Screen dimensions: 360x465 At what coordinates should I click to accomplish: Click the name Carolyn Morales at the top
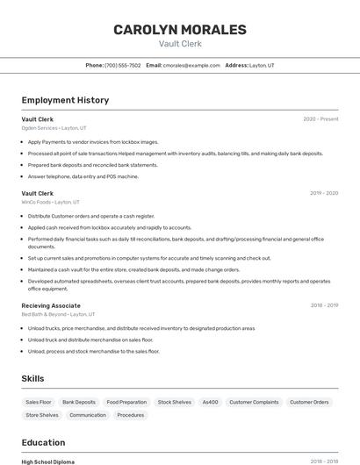point(180,30)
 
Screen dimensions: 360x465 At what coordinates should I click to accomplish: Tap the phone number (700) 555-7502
point(122,66)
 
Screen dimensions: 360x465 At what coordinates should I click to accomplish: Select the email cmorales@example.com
point(191,66)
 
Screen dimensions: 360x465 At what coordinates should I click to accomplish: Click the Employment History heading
point(65,100)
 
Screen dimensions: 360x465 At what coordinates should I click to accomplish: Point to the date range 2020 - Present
point(320,119)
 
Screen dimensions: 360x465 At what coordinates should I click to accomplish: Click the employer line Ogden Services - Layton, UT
point(54,128)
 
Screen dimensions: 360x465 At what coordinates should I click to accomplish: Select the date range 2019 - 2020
point(324,193)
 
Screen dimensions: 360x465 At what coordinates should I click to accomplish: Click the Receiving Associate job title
point(51,305)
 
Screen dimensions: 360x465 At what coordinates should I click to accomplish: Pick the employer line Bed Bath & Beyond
point(58,314)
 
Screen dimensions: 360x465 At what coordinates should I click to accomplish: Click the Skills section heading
point(33,378)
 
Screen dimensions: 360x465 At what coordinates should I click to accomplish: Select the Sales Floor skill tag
point(39,402)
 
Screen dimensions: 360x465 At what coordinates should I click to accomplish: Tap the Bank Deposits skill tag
point(79,402)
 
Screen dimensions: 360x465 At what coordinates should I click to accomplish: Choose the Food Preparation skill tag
point(126,402)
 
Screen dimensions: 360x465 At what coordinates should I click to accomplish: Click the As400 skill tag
point(210,402)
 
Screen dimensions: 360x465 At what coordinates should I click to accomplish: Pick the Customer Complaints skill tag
point(254,402)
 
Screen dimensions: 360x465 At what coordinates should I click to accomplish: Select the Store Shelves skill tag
point(42,415)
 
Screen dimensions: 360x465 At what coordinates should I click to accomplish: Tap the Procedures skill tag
point(131,415)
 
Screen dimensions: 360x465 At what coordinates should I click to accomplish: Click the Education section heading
point(43,442)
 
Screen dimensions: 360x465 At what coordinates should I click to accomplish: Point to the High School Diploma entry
point(48,461)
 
